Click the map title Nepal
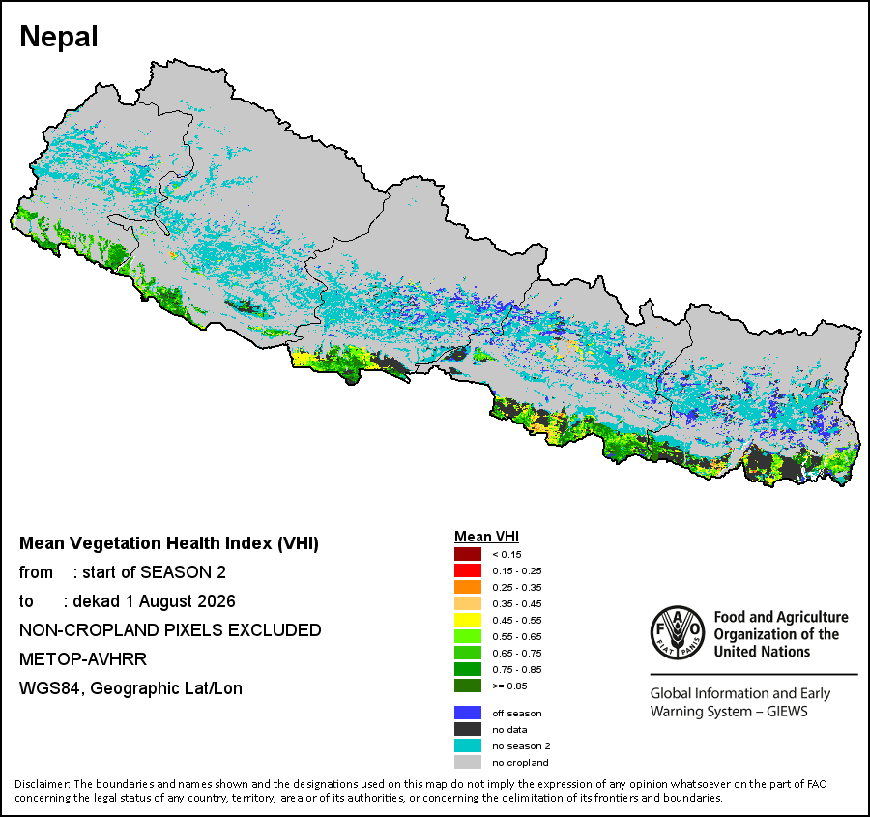pos(59,37)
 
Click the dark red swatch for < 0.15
pos(468,554)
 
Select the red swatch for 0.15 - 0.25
pos(468,570)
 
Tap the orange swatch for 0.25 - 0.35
pos(468,587)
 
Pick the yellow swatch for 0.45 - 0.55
pos(468,620)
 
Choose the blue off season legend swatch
pos(468,713)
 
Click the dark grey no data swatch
pos(468,729)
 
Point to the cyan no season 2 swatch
pos(468,745)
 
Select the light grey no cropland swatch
pos(468,762)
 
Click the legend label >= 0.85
pos(509,686)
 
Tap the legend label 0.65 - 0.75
pos(517,654)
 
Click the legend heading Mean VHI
pos(486,537)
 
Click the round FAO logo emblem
pos(678,632)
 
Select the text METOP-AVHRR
pos(83,659)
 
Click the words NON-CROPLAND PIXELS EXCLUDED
pos(170,630)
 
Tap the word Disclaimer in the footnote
pos(43,784)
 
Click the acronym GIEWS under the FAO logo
pos(787,712)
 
